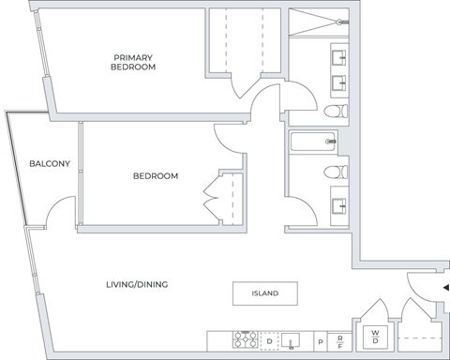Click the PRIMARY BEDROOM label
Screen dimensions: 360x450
pyautogui.click(x=132, y=63)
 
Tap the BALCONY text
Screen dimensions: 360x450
pyautogui.click(x=49, y=164)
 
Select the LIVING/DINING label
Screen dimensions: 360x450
pyautogui.click(x=137, y=284)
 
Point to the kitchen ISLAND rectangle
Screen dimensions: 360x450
pyautogui.click(x=264, y=293)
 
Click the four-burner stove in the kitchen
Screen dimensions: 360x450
pyautogui.click(x=246, y=340)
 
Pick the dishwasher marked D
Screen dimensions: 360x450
pyautogui.click(x=269, y=340)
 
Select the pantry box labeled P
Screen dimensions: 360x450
pyautogui.click(x=320, y=341)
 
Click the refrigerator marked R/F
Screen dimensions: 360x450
pyautogui.click(x=341, y=341)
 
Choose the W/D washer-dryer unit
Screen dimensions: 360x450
pyautogui.click(x=374, y=336)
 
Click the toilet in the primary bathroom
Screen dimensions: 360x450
pyautogui.click(x=333, y=112)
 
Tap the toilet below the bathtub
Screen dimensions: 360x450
pyautogui.click(x=333, y=172)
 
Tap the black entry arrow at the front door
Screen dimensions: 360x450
pyautogui.click(x=444, y=289)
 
